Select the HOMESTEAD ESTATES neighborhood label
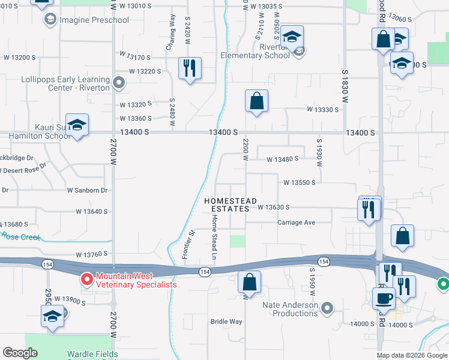click(x=231, y=205)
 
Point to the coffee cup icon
click(x=384, y=298)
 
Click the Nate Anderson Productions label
click(x=291, y=309)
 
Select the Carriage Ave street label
click(x=296, y=222)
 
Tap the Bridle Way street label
click(x=226, y=322)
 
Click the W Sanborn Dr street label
click(x=87, y=190)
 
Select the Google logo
click(x=20, y=353)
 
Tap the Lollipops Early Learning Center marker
click(x=119, y=82)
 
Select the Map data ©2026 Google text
click(x=412, y=355)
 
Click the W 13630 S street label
click(x=274, y=207)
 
